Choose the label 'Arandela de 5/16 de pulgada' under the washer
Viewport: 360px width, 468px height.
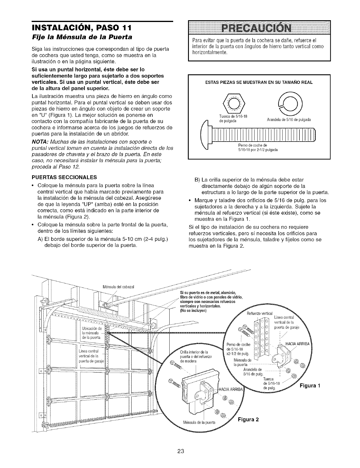(285, 120)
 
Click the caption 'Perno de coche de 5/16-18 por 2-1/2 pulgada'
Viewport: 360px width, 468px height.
(258, 147)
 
